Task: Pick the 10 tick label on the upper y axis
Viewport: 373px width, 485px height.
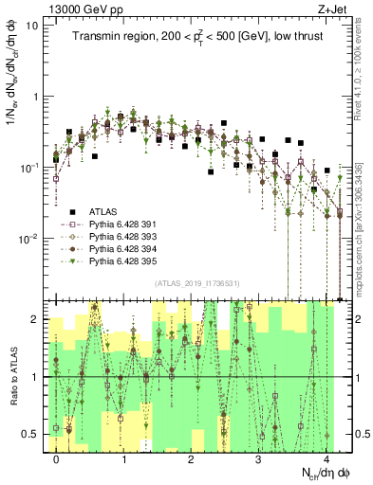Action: (30, 26)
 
